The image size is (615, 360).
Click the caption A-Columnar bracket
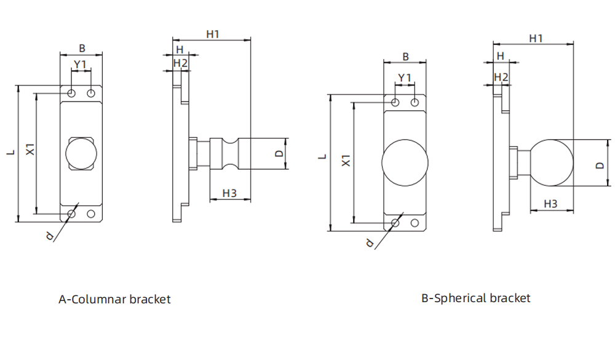pos(114,300)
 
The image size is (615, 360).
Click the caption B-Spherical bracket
pos(475,298)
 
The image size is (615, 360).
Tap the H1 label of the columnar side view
pos(213,34)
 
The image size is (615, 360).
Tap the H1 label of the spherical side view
pos(536,38)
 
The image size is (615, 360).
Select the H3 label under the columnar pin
pos(229,193)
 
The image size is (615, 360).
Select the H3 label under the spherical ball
pos(550,203)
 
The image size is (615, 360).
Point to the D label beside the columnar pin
pos(279,153)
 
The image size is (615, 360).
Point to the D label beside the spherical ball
pos(600,165)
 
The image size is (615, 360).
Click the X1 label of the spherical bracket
pos(346,161)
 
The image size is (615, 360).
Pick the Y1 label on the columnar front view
pos(81,64)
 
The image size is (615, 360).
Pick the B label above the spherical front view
pos(405,57)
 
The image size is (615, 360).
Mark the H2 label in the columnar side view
pos(180,63)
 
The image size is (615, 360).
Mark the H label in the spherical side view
pos(500,56)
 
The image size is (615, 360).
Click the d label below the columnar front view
pos(50,235)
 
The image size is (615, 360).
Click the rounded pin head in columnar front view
pos(81,153)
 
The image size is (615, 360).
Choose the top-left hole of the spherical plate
pos(395,102)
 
